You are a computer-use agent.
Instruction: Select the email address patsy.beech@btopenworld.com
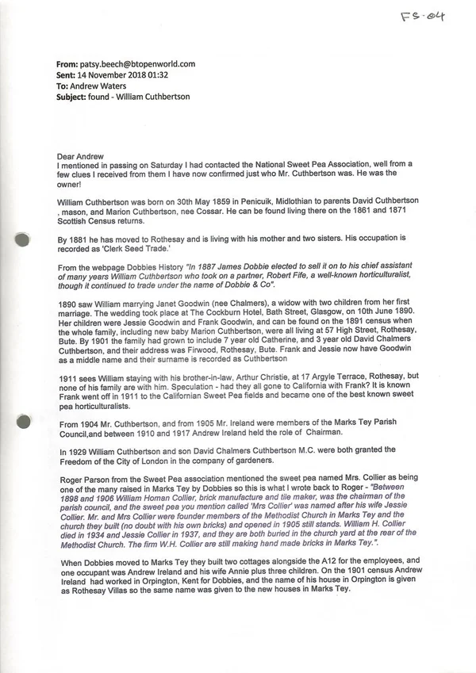[x=138, y=64]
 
